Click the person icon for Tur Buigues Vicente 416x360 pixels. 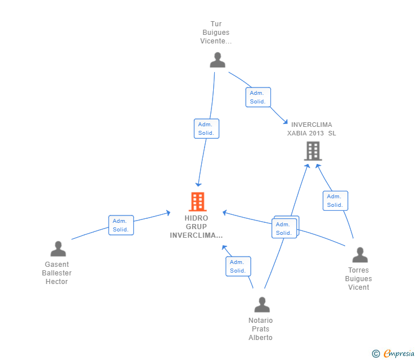217,60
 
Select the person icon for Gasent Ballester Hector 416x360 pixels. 58,249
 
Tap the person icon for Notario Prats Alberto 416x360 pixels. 262,305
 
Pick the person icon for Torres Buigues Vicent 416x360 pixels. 359,255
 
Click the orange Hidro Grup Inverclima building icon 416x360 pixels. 197,202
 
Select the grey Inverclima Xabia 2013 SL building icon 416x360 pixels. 313,151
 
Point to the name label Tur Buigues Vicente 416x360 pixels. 216,33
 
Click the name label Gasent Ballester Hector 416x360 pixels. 57,273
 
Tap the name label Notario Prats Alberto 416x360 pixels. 261,329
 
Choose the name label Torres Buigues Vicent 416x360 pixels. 358,279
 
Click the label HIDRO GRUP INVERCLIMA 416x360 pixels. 197,227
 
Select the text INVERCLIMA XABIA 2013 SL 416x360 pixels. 311,129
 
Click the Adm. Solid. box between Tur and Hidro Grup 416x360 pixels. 206,129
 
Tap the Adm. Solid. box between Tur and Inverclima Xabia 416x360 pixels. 258,97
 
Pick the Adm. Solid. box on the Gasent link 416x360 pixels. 121,225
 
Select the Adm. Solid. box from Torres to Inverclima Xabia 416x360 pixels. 335,201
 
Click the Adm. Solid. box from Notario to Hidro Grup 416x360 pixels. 238,266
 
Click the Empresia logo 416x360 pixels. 398,354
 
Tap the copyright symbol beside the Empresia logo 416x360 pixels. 375,354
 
